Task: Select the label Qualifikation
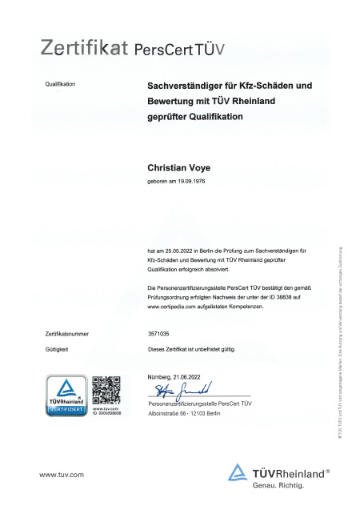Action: tap(61, 84)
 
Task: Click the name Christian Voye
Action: tap(180, 169)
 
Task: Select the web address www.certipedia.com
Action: tap(176, 304)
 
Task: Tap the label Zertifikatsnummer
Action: tap(67, 332)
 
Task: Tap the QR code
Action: tap(106, 388)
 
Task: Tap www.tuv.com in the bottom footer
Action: tap(62, 475)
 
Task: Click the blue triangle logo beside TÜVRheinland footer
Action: tap(238, 473)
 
